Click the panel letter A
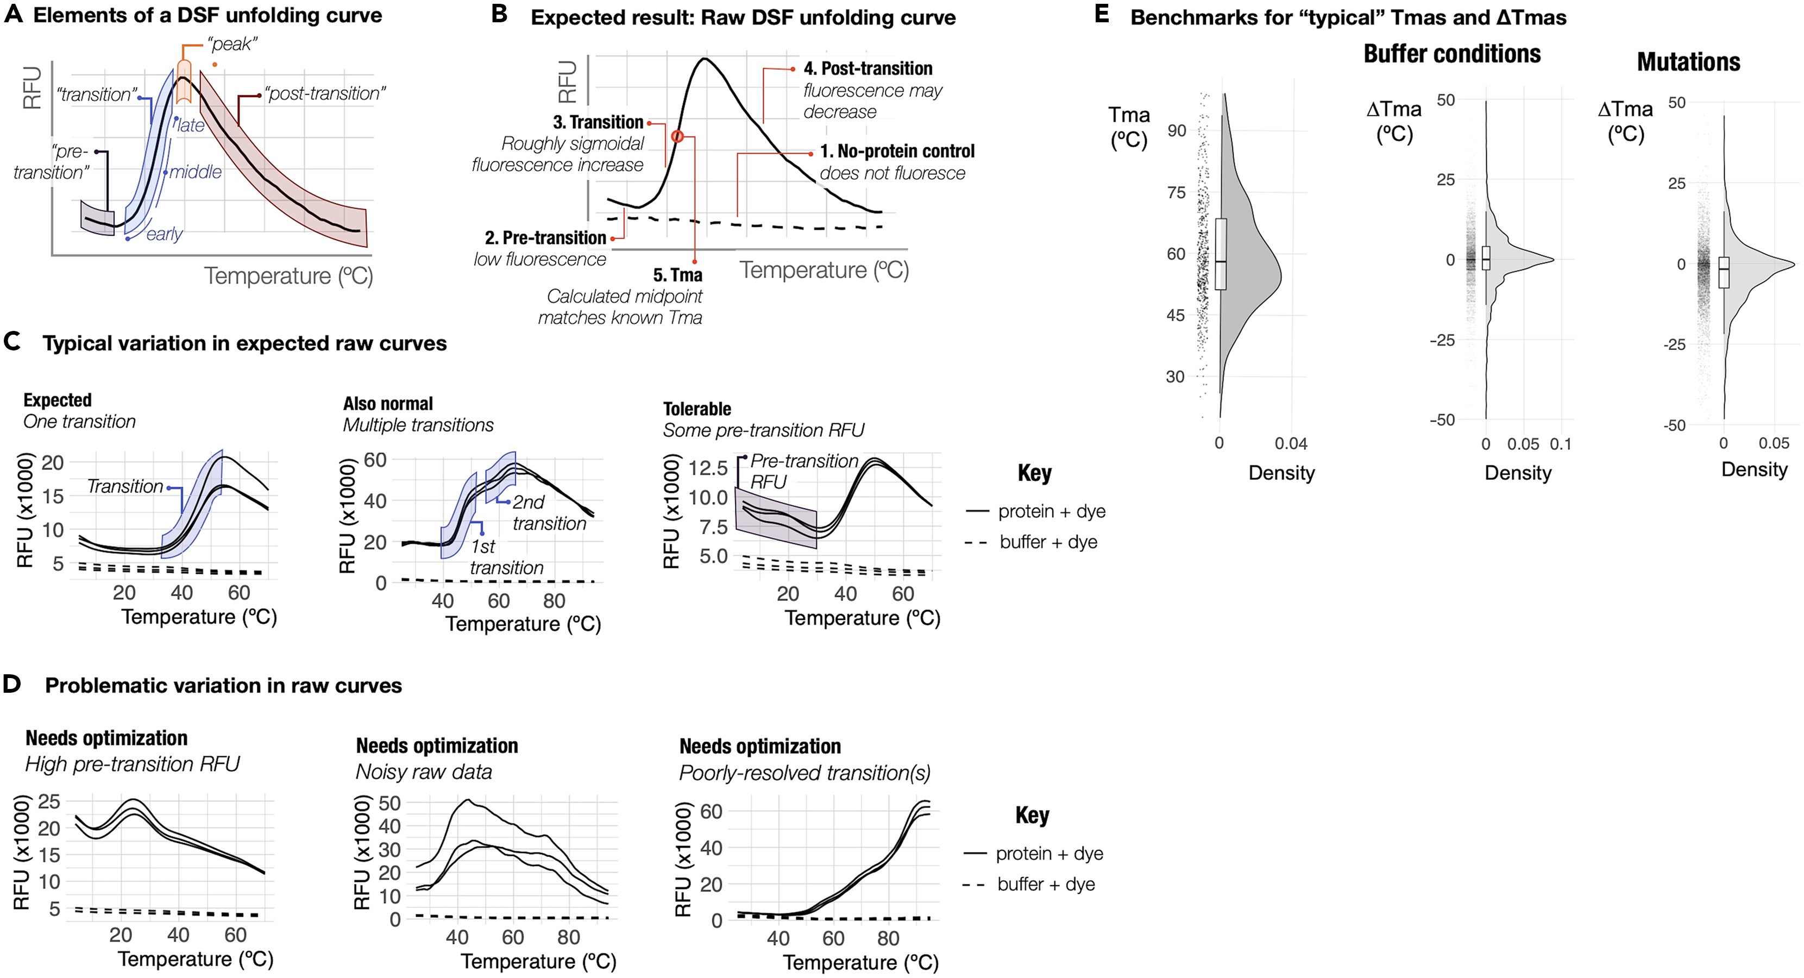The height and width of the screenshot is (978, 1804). click(x=13, y=15)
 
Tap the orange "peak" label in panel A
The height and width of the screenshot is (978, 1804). click(x=232, y=44)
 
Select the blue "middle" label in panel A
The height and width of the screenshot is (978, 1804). click(x=196, y=172)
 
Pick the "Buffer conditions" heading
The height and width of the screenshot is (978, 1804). click(x=1452, y=54)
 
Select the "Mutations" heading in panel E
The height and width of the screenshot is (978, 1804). click(x=1688, y=62)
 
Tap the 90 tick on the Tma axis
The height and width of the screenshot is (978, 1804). click(x=1177, y=130)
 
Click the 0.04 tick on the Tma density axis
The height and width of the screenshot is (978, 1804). click(x=1290, y=443)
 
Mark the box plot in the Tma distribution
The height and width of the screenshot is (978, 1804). click(x=1221, y=254)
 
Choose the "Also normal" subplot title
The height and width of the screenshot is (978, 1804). click(x=388, y=404)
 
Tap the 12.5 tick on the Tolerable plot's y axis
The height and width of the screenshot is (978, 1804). click(x=708, y=468)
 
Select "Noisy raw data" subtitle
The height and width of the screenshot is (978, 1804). click(x=424, y=772)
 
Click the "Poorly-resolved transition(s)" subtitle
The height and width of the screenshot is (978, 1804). click(x=804, y=773)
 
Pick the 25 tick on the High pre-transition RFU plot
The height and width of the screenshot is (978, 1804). click(x=48, y=801)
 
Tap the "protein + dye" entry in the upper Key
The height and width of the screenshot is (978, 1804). click(x=1051, y=511)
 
